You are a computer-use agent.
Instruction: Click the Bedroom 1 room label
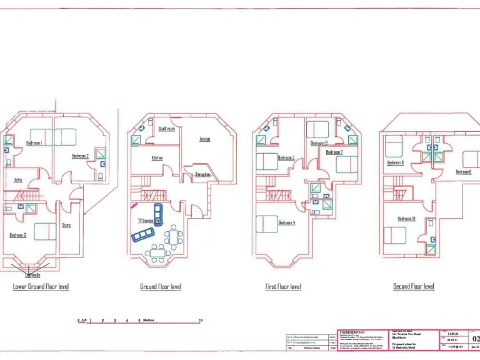[34, 143]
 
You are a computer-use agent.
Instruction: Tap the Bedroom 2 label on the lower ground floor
[80, 156]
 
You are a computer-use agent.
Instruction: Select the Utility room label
[17, 180]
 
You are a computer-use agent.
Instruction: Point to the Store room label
[66, 226]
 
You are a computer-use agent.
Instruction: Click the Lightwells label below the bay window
[32, 274]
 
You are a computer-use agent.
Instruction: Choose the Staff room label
[166, 129]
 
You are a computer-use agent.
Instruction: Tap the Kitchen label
[157, 158]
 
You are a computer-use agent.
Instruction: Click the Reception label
[202, 174]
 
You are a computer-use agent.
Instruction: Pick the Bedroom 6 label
[319, 143]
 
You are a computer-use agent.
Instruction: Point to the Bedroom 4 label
[286, 222]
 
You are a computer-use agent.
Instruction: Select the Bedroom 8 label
[395, 162]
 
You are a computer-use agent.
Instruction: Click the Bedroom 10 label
[406, 218]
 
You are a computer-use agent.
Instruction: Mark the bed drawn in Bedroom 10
[394, 235]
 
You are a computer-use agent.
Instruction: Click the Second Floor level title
[413, 286]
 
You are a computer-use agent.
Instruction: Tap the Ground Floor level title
[161, 286]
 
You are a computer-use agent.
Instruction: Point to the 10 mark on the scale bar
[201, 320]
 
